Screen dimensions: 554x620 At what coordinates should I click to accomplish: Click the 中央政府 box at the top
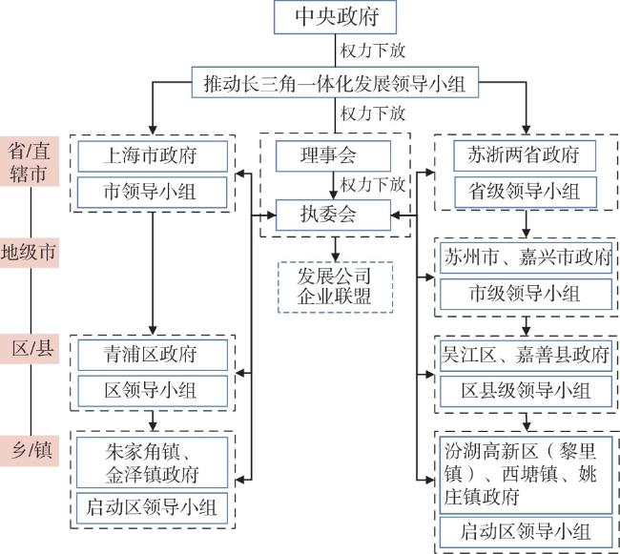333,18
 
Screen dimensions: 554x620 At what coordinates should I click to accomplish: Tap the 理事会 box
333,154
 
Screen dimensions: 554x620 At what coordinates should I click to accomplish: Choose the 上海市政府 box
154,154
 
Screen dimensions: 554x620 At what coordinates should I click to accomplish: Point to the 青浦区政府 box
154,355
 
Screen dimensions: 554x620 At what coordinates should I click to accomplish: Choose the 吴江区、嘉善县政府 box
527,355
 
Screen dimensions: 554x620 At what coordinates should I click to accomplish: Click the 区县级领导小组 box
527,390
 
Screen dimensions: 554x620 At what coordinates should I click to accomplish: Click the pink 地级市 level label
30,253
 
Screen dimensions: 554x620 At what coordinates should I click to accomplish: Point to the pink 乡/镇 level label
30,447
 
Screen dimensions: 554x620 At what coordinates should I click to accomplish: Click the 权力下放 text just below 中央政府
372,48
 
